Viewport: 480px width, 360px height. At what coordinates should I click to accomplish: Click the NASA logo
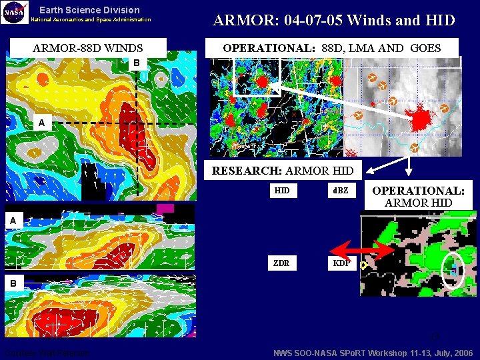click(14, 12)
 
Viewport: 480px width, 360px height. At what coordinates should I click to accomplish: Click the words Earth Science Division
click(89, 10)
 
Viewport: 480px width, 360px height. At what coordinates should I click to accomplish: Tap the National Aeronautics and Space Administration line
click(91, 19)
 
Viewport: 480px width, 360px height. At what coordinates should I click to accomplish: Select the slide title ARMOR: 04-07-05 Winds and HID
click(333, 20)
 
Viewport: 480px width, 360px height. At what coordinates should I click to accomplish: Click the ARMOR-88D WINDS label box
click(87, 48)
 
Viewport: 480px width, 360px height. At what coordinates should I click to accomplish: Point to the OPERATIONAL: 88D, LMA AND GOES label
click(331, 47)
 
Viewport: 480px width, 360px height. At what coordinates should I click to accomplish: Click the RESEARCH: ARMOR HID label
click(282, 171)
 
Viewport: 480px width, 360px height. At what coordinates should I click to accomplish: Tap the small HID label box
click(282, 191)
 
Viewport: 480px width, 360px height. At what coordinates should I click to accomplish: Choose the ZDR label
click(281, 263)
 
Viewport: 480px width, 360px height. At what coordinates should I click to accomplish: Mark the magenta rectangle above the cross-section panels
click(165, 209)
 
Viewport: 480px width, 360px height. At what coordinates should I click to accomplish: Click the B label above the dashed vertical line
click(136, 63)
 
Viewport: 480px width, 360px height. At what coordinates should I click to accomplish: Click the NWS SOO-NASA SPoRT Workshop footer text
click(373, 353)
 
